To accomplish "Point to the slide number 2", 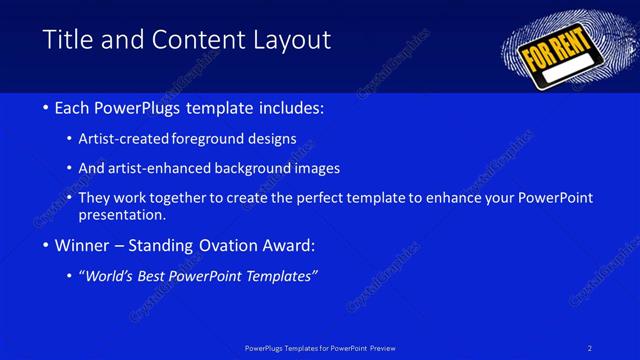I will [590, 347].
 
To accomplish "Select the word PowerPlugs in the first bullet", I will [144, 107].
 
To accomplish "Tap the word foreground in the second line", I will [212, 138].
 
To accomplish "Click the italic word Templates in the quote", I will [280, 276].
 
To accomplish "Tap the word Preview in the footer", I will [383, 347].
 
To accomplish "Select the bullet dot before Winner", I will [47, 246].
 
